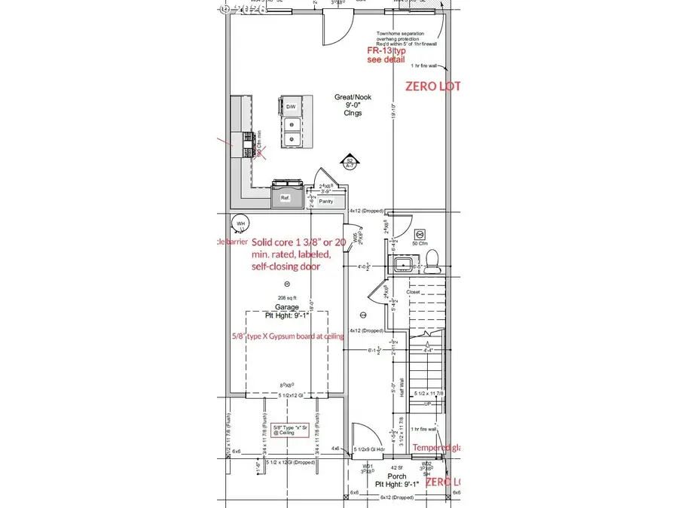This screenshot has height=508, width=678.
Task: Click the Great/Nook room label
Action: click(x=347, y=98)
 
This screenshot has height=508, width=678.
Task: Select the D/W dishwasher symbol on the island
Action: click(x=290, y=107)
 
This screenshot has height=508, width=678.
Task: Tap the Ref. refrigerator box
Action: click(x=285, y=199)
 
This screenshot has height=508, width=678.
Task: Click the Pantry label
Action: click(x=326, y=202)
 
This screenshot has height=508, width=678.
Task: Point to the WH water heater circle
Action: click(x=240, y=224)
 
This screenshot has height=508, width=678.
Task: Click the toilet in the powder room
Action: click(x=433, y=260)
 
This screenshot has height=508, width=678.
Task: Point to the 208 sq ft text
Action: click(x=287, y=297)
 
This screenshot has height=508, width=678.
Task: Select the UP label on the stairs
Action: click(x=429, y=403)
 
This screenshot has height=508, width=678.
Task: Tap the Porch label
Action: click(x=396, y=476)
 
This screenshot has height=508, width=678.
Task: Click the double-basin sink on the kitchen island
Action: click(x=291, y=131)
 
